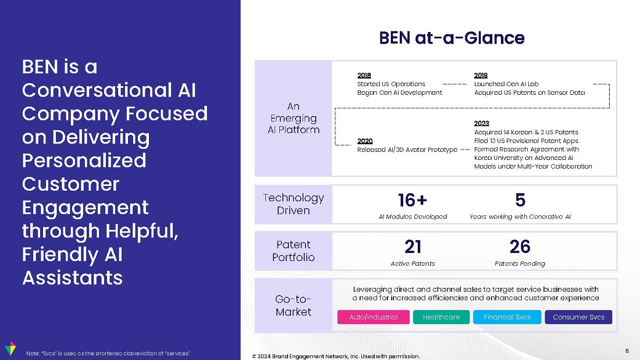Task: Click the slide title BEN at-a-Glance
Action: tap(451, 38)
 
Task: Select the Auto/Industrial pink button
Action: tap(374, 317)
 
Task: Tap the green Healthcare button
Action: tap(441, 317)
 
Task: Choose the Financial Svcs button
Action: tap(507, 317)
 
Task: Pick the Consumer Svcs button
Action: tap(578, 317)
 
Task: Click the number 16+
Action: tap(413, 200)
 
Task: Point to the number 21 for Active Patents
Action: tap(413, 247)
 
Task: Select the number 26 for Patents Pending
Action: tap(520, 247)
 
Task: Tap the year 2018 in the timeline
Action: tap(364, 75)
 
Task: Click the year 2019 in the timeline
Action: tap(481, 75)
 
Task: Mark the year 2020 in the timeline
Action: tap(365, 141)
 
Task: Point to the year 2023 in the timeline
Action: tap(481, 123)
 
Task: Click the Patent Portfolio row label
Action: tap(293, 251)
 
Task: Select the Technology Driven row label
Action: tap(293, 204)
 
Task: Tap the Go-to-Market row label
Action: tap(293, 306)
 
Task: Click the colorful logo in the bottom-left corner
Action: tap(10, 348)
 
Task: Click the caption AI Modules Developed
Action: tap(413, 217)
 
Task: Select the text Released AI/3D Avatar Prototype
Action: tap(407, 150)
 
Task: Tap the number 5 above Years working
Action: tap(520, 200)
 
